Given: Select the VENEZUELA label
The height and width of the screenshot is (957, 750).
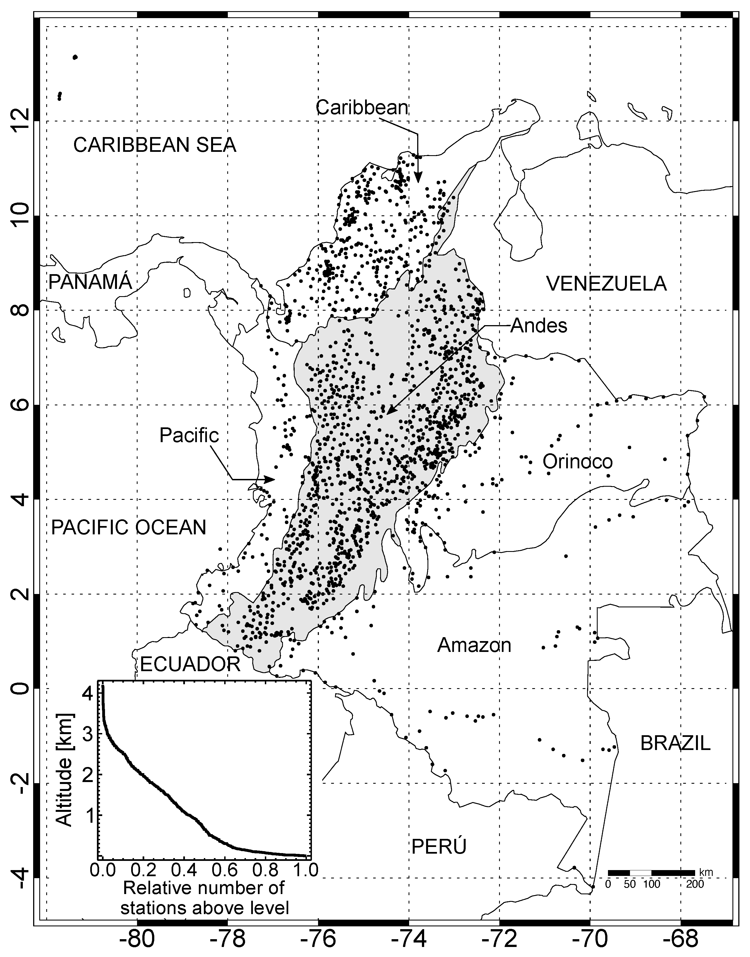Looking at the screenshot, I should (x=606, y=284).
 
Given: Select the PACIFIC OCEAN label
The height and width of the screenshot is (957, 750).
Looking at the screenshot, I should (x=129, y=527).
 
